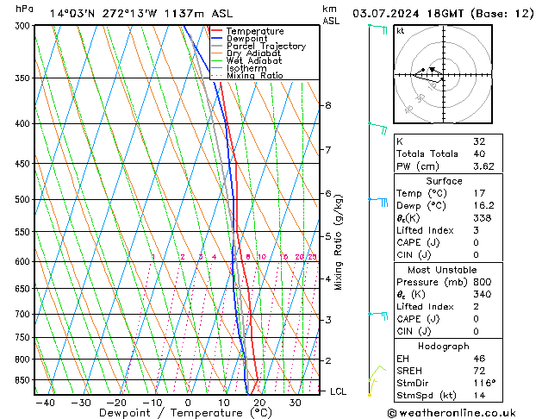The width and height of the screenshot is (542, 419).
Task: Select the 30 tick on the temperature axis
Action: coord(296,402)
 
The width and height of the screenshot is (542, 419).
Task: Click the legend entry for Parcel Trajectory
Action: coord(265,46)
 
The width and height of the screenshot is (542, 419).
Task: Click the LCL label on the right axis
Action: coord(338,391)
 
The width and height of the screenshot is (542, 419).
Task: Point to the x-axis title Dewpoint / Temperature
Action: coord(178,413)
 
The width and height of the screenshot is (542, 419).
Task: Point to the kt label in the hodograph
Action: coord(400,30)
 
